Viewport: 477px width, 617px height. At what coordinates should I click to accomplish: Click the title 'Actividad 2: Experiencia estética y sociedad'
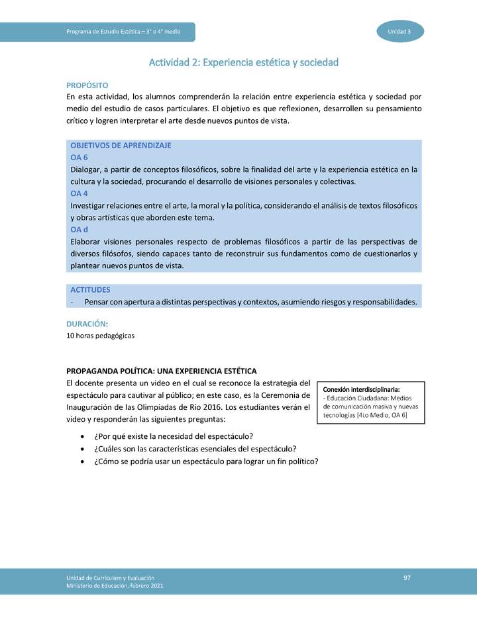pyautogui.click(x=243, y=62)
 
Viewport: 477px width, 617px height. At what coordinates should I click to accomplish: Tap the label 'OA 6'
pyautogui.click(x=79, y=157)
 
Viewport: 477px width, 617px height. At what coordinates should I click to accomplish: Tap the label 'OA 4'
pyautogui.click(x=79, y=193)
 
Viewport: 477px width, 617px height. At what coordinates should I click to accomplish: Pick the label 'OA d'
pyautogui.click(x=79, y=230)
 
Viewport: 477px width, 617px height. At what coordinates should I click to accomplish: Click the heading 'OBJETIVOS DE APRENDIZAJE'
pyautogui.click(x=121, y=145)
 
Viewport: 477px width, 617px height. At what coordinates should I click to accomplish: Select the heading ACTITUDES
pyautogui.click(x=90, y=290)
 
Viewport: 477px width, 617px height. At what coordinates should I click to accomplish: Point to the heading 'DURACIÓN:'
pyautogui.click(x=87, y=324)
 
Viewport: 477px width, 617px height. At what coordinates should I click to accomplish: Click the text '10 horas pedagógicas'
pyautogui.click(x=101, y=336)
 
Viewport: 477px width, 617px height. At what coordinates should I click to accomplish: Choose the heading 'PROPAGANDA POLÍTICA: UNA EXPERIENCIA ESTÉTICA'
pyautogui.click(x=162, y=371)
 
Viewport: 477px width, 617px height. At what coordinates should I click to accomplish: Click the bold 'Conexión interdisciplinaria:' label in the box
pyautogui.click(x=361, y=389)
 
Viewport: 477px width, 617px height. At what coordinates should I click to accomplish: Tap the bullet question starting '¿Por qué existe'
pyautogui.click(x=174, y=436)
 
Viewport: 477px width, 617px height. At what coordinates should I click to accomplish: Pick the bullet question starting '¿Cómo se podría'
pyautogui.click(x=206, y=462)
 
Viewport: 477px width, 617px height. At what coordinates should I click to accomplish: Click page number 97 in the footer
pyautogui.click(x=407, y=579)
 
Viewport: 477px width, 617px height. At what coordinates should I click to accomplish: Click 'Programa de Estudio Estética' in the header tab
pyautogui.click(x=107, y=32)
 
